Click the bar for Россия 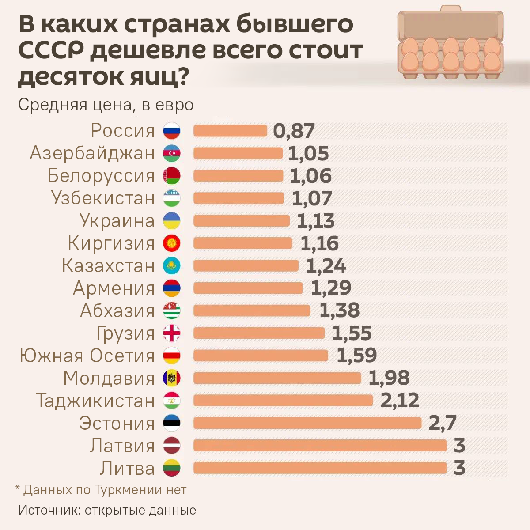230,131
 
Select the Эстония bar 307,423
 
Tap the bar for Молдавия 277,378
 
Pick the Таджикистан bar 283,401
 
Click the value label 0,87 294,131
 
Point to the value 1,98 389,378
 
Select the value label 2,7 442,423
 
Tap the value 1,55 352,333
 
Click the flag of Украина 172,221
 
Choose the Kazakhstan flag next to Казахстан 172,266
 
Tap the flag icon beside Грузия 172,333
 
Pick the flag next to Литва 172,468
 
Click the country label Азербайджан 92,153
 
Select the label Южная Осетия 87,356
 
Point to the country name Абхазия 117,311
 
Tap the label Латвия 122,446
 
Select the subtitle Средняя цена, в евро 106,105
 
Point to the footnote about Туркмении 101,490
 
